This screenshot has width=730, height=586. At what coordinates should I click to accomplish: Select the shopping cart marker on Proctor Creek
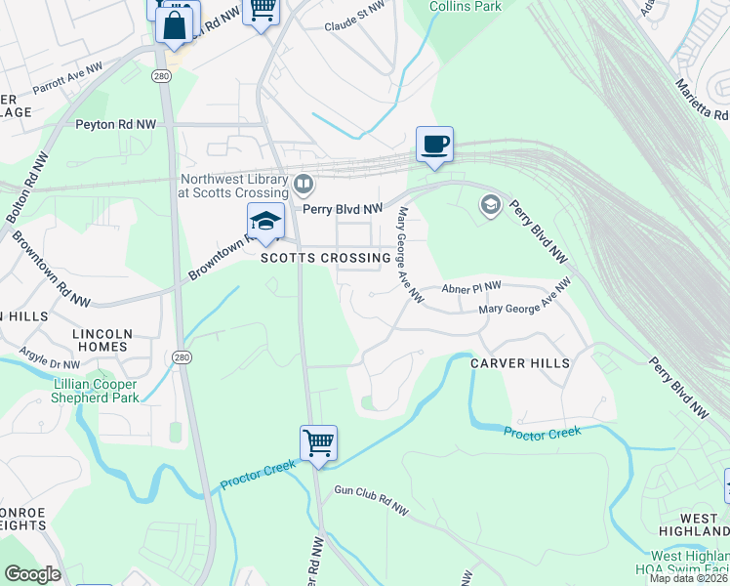pos(318,443)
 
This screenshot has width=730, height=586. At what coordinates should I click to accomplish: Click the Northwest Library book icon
pos(304,184)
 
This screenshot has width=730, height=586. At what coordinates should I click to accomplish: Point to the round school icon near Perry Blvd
pos(490,205)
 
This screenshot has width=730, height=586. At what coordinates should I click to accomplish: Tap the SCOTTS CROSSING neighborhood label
pos(326,258)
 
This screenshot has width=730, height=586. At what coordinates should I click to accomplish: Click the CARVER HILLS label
pos(520,362)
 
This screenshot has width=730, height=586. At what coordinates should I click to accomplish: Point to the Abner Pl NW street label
pos(470,287)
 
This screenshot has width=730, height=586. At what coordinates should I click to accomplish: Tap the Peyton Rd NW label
pos(116,125)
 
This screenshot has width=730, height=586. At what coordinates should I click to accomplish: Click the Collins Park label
pos(466,6)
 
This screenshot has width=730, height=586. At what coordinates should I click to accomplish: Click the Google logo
pos(32,574)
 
